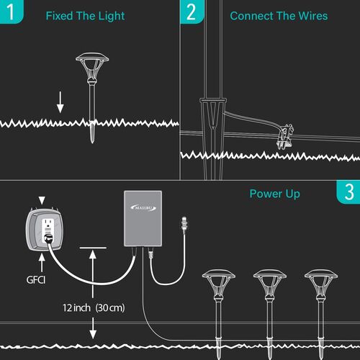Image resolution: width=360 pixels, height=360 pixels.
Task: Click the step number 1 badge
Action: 11,12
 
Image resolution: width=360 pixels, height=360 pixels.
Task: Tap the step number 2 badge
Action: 192,12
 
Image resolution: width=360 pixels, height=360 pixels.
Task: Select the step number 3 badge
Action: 348,192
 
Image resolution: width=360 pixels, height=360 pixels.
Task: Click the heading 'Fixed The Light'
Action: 85,16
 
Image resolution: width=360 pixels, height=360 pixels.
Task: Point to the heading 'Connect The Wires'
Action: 279,16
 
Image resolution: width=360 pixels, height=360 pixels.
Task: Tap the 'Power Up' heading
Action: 275,194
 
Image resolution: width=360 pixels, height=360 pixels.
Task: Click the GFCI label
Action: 36,280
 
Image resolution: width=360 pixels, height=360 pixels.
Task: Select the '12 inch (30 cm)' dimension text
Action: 94,307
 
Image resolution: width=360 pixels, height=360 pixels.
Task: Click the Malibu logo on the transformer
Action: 143,207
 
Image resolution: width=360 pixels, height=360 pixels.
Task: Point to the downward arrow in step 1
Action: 60,102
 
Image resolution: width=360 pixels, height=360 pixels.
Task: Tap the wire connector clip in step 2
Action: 284,137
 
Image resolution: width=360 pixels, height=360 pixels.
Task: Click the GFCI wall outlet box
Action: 45,230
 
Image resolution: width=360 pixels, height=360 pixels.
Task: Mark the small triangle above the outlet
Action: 42,200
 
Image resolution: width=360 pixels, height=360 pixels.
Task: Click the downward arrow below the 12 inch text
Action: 93,328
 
